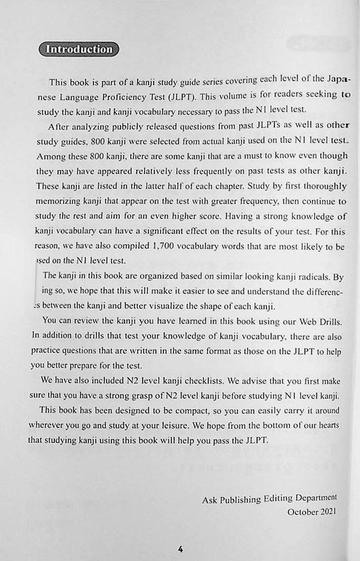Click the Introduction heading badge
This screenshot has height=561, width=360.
(79, 49)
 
